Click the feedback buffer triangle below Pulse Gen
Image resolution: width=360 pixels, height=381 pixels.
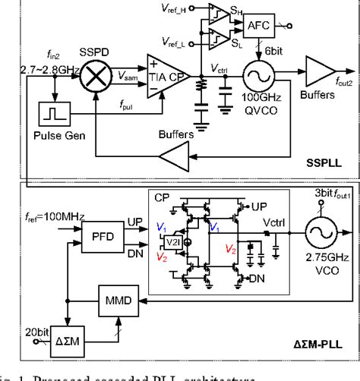coord(175,156)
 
